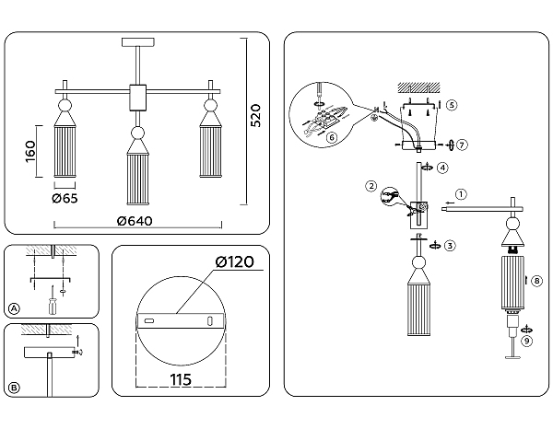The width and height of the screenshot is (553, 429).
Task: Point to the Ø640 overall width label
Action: click(136, 221)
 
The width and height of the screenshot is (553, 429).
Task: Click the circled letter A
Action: click(13, 308)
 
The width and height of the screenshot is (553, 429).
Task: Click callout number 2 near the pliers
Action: click(371, 187)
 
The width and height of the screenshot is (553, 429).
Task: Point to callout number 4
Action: click(443, 168)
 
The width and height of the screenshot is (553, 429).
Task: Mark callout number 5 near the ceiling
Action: click(451, 105)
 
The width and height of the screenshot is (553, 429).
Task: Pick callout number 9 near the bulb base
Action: click(525, 340)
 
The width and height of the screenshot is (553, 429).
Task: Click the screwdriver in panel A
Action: click(53, 300)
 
